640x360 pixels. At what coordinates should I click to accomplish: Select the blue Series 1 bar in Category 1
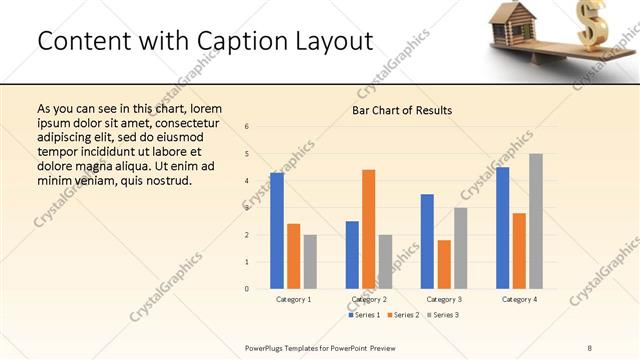pyautogui.click(x=277, y=230)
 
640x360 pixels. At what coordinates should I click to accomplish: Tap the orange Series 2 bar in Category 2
pyautogui.click(x=368, y=228)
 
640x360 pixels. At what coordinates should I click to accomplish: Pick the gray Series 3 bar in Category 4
pyautogui.click(x=535, y=220)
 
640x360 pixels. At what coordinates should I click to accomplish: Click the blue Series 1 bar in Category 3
pyautogui.click(x=427, y=241)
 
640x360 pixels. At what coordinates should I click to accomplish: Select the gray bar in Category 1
pyautogui.click(x=310, y=261)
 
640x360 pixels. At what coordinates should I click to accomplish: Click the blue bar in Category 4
pyautogui.click(x=502, y=227)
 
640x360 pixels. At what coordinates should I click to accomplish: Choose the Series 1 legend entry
pyautogui.click(x=364, y=315)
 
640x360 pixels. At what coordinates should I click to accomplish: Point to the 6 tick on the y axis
pyautogui.click(x=247, y=127)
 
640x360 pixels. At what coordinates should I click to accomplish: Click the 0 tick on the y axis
pyautogui.click(x=247, y=289)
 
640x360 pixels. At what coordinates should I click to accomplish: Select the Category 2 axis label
pyautogui.click(x=369, y=300)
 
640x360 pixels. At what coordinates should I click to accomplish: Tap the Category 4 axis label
pyautogui.click(x=519, y=300)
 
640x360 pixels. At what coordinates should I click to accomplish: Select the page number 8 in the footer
pyautogui.click(x=590, y=347)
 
